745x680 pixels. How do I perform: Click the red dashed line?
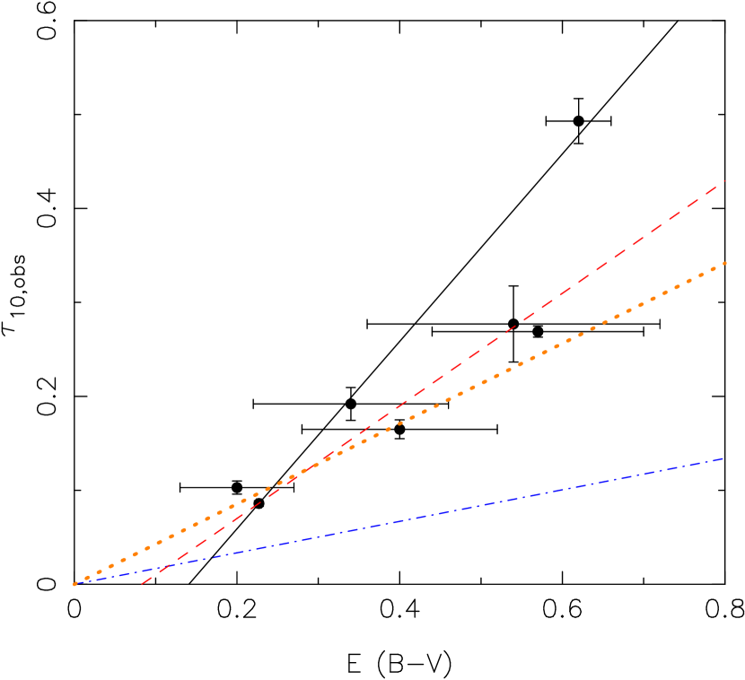coord(539,309)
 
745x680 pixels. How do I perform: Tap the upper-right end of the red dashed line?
coord(723,181)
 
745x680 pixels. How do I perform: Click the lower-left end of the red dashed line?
coord(142,584)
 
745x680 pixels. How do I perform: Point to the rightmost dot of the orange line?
coord(724,263)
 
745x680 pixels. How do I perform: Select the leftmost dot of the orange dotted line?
coord(75,584)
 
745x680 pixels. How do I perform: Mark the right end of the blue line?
coord(723,458)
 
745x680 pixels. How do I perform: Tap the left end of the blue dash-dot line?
coord(75,584)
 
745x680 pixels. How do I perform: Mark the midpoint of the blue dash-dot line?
coord(399,521)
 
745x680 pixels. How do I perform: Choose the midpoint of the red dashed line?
coord(433,383)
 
